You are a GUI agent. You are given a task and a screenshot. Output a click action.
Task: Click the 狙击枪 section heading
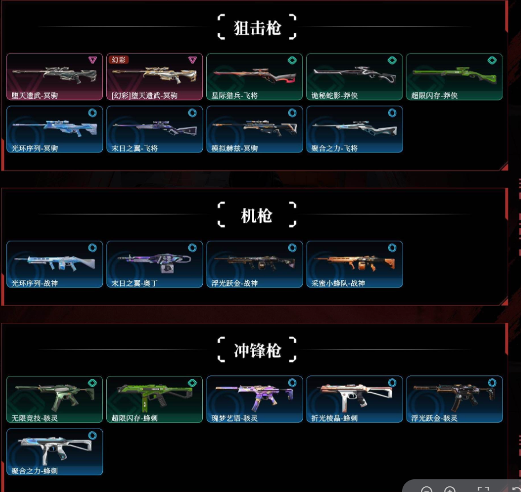pos(257,28)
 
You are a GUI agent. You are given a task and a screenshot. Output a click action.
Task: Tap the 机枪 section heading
pos(256,216)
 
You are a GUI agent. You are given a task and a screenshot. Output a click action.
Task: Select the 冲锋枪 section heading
pos(257,351)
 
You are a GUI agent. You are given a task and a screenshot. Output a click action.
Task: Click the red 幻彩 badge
pos(118,59)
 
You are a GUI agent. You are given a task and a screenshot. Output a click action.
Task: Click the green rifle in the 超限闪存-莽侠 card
pos(454,74)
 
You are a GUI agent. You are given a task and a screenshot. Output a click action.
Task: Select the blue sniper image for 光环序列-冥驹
pos(54,128)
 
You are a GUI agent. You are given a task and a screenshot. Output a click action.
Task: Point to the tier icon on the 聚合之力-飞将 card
pos(392,113)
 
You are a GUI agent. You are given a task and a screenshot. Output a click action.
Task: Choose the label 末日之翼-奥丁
pos(135,284)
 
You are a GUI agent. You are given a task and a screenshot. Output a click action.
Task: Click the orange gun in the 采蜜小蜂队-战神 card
pos(354,263)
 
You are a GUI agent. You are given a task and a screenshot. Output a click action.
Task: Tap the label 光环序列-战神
pos(35,284)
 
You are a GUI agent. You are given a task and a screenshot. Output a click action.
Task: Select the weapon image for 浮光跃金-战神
pos(254,263)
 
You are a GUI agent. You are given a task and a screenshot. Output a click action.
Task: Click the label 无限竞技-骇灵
pos(35,418)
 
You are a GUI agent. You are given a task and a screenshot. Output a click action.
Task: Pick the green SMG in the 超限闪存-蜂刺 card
pos(154,397)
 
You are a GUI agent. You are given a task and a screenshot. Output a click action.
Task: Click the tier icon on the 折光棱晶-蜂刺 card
pos(392,383)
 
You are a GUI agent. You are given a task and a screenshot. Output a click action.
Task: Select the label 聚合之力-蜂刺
pos(35,471)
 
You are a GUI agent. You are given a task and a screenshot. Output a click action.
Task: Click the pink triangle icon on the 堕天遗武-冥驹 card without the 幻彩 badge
pos(92,59)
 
